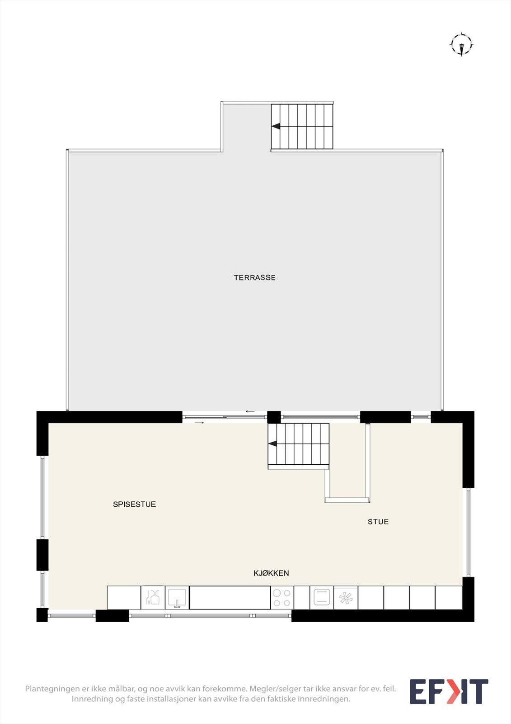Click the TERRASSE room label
[x=255, y=278]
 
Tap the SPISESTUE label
[x=134, y=504]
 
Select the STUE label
[x=378, y=522]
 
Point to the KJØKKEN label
[x=271, y=573]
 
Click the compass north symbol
[x=462, y=45]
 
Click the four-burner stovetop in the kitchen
[x=282, y=598]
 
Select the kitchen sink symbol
[x=177, y=598]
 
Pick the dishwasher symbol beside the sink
[x=153, y=598]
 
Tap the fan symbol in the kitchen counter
[x=346, y=598]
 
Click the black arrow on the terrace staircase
[x=275, y=126]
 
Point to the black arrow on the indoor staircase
[x=272, y=444]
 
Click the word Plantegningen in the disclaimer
[x=52, y=688]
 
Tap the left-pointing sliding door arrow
[x=250, y=411]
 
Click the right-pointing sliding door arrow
[x=200, y=423]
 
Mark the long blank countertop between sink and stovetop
[x=230, y=598]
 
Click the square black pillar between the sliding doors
[x=274, y=417]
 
